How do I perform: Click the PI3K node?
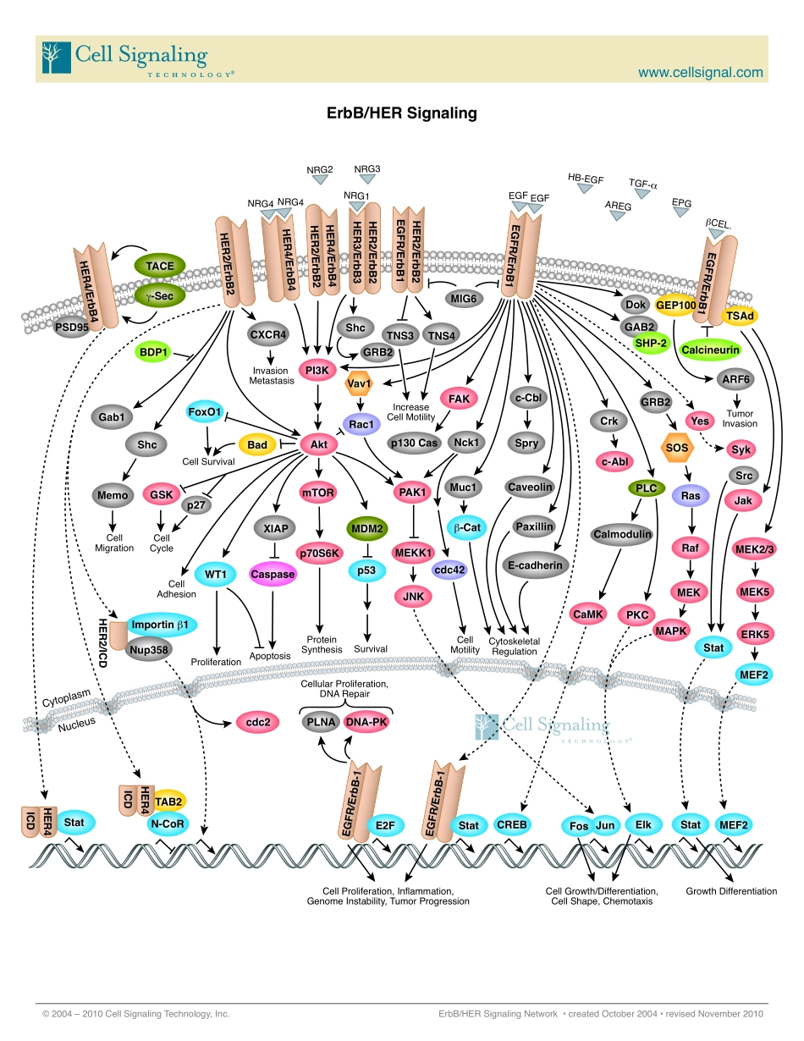point(318,370)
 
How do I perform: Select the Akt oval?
point(318,443)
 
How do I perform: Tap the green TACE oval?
point(159,266)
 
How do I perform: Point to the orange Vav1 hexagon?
point(359,383)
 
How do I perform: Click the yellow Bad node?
point(257,443)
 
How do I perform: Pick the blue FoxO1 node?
point(204,412)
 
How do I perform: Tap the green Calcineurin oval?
point(710,350)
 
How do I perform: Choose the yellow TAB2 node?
point(169,801)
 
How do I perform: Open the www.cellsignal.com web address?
point(700,73)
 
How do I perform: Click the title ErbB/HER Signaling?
point(402,113)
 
